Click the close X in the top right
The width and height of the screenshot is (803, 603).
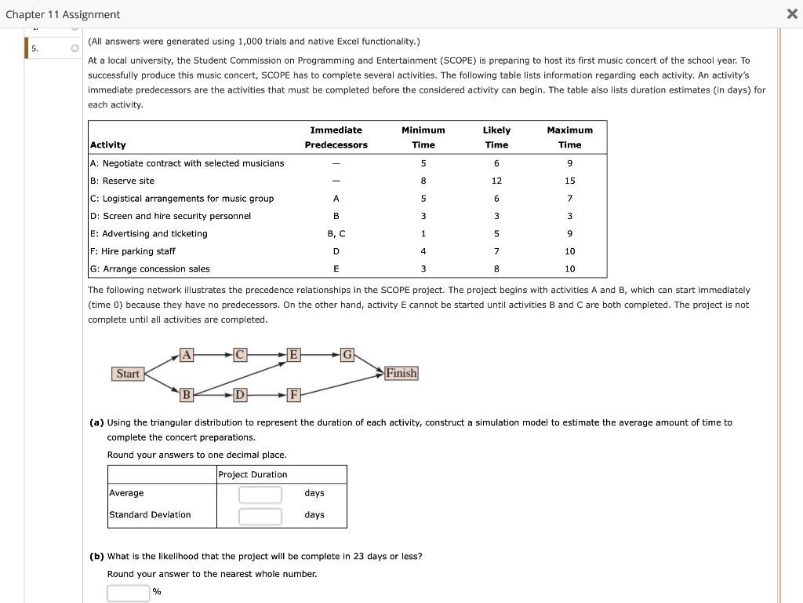point(791,15)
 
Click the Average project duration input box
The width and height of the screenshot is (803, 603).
point(260,494)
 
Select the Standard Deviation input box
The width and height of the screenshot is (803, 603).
point(260,516)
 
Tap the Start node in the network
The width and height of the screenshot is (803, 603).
point(127,374)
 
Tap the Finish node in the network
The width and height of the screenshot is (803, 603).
point(401,373)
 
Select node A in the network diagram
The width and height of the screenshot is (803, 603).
point(186,355)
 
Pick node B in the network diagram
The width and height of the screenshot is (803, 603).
point(186,394)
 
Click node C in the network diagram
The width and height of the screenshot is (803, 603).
point(240,355)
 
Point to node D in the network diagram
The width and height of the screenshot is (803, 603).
point(240,394)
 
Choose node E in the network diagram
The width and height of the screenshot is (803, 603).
point(293,355)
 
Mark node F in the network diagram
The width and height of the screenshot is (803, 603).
point(293,394)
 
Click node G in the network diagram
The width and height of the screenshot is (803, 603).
point(347,355)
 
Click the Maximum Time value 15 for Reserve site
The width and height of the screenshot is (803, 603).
point(569,181)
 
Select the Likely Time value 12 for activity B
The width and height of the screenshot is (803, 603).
point(496,181)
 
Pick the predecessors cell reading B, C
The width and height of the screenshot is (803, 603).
point(336,233)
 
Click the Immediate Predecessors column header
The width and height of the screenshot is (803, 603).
point(336,137)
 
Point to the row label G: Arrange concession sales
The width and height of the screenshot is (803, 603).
point(150,269)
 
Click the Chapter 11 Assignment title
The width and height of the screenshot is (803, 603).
point(63,15)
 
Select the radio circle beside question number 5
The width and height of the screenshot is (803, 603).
point(74,49)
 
